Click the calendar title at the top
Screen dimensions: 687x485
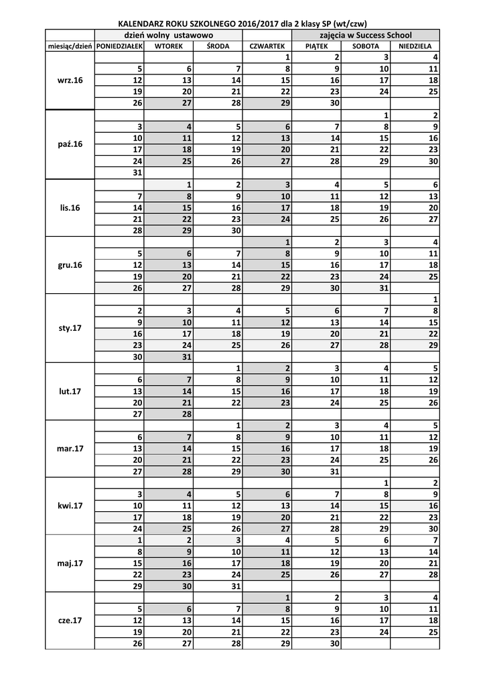pos(242,22)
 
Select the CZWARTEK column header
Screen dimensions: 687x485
pos(267,46)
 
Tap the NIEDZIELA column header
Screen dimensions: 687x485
pos(415,46)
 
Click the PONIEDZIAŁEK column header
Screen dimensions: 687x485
pos(119,46)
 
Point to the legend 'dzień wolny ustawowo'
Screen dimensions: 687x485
pos(168,35)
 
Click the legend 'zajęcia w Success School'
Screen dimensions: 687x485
pos(366,35)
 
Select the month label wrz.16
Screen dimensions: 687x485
pos(70,81)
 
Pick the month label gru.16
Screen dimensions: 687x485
pos(70,265)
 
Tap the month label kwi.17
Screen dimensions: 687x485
pos(70,505)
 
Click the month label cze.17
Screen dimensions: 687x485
pos(70,621)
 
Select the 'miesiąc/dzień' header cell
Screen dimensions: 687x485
pos(70,46)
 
